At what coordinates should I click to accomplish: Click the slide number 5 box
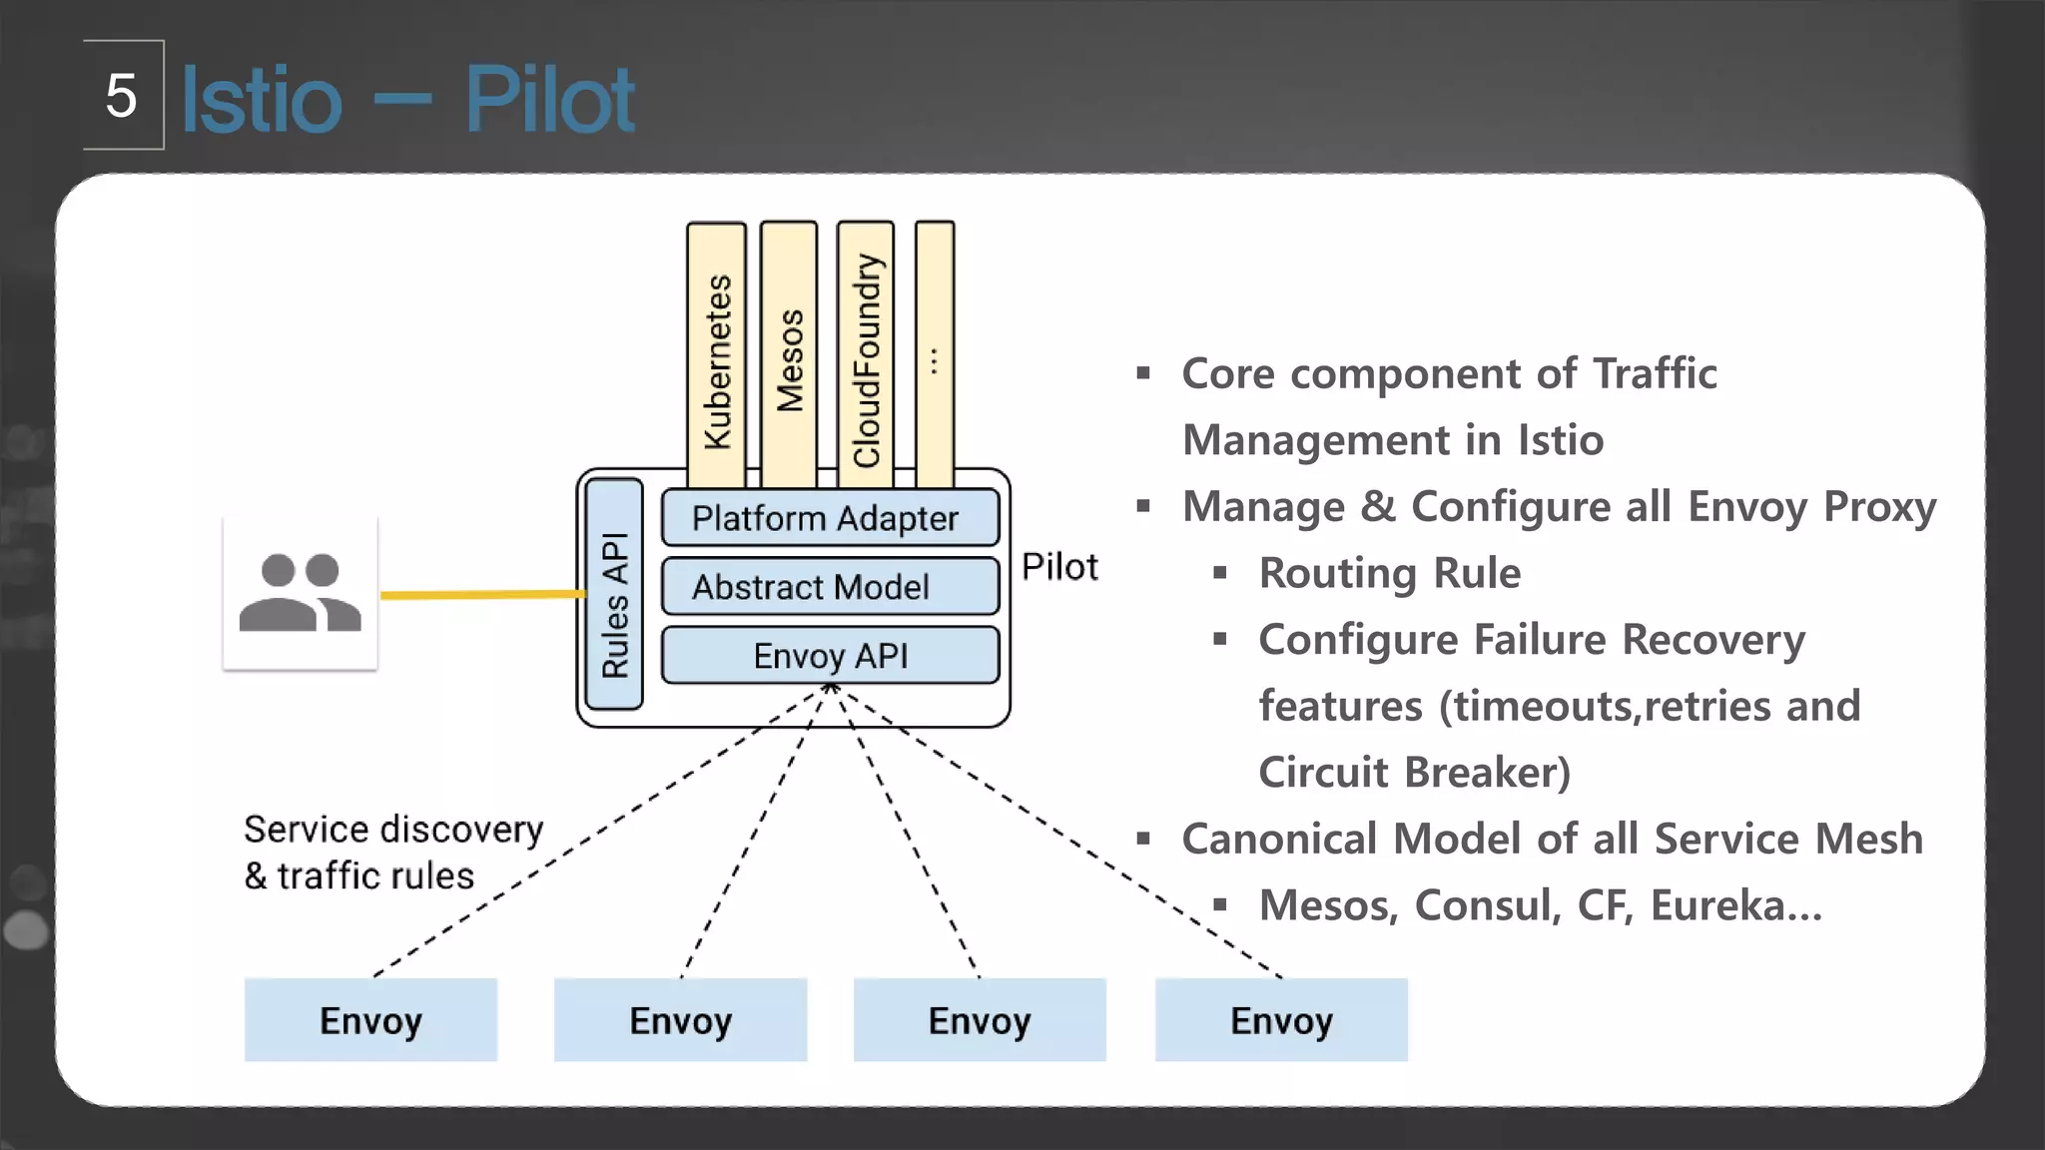click(123, 96)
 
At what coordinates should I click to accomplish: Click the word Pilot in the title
click(548, 100)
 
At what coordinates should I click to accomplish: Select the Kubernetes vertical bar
click(717, 354)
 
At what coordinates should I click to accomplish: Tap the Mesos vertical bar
click(789, 354)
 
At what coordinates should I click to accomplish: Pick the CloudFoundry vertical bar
click(866, 354)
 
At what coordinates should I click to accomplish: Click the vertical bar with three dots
click(935, 354)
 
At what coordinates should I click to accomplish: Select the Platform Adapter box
click(830, 518)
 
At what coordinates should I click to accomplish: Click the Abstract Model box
click(830, 587)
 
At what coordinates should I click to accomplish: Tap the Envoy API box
click(830, 656)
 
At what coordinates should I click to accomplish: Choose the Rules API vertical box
click(614, 595)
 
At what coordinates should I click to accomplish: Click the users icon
click(300, 593)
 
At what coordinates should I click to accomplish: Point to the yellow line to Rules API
click(479, 595)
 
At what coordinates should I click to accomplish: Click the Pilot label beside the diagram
click(1059, 567)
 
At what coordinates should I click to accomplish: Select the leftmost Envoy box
click(370, 1020)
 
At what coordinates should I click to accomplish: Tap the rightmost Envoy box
click(1281, 1020)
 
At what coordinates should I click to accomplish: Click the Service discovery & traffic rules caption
click(392, 853)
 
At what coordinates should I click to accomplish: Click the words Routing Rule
click(1389, 573)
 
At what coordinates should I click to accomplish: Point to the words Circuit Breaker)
click(1414, 773)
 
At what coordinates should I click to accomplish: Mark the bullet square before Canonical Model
click(1143, 839)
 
